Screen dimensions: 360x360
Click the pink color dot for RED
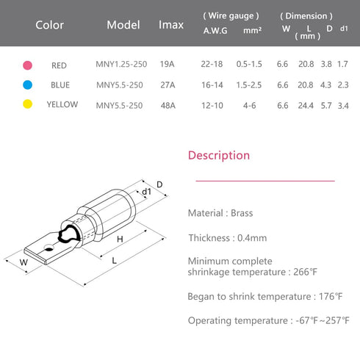coord(27,65)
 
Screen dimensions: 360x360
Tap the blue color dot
coord(27,84)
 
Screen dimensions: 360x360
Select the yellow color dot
coord(27,104)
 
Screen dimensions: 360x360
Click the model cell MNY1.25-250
coord(121,64)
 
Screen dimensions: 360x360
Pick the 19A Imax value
coord(168,64)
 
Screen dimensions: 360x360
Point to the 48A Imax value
coord(168,106)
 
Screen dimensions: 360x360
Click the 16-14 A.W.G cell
coord(212,85)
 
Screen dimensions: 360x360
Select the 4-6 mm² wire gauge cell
coord(250,106)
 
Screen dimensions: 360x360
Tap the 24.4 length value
coord(306,106)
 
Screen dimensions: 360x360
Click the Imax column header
coord(171,25)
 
